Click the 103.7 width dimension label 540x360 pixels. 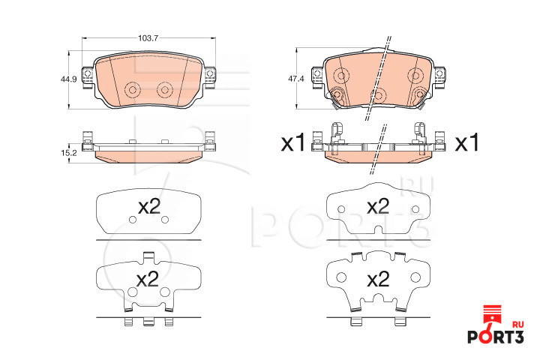click(148, 38)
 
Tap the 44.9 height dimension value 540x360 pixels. click(68, 79)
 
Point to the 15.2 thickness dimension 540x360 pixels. click(68, 153)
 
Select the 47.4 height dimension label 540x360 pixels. click(295, 79)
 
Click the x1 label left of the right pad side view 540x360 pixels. click(293, 143)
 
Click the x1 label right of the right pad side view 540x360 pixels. click(467, 143)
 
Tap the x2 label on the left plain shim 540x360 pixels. click(149, 207)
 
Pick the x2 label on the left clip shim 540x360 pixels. click(148, 279)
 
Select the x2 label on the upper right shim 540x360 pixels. click(378, 206)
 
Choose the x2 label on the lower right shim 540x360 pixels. click(378, 279)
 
